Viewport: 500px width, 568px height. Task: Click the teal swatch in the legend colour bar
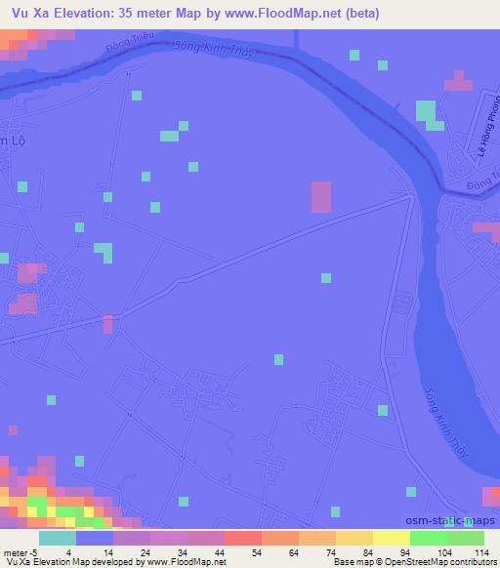pyautogui.click(x=58, y=538)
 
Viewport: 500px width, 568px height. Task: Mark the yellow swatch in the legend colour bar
pyautogui.click(x=391, y=538)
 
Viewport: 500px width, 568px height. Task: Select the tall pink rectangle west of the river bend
pyautogui.click(x=320, y=197)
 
